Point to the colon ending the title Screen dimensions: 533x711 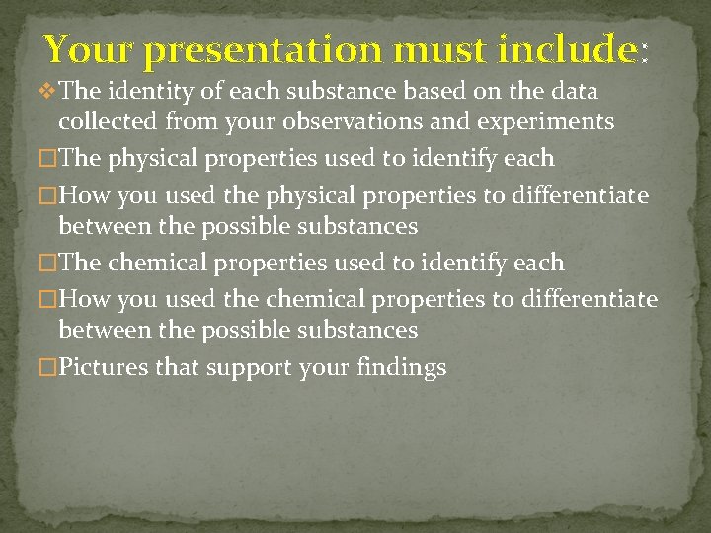pos(645,51)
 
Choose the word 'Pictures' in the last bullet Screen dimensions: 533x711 pos(104,368)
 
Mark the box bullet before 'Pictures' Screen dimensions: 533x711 pos(45,368)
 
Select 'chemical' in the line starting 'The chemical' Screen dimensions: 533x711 pos(161,264)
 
